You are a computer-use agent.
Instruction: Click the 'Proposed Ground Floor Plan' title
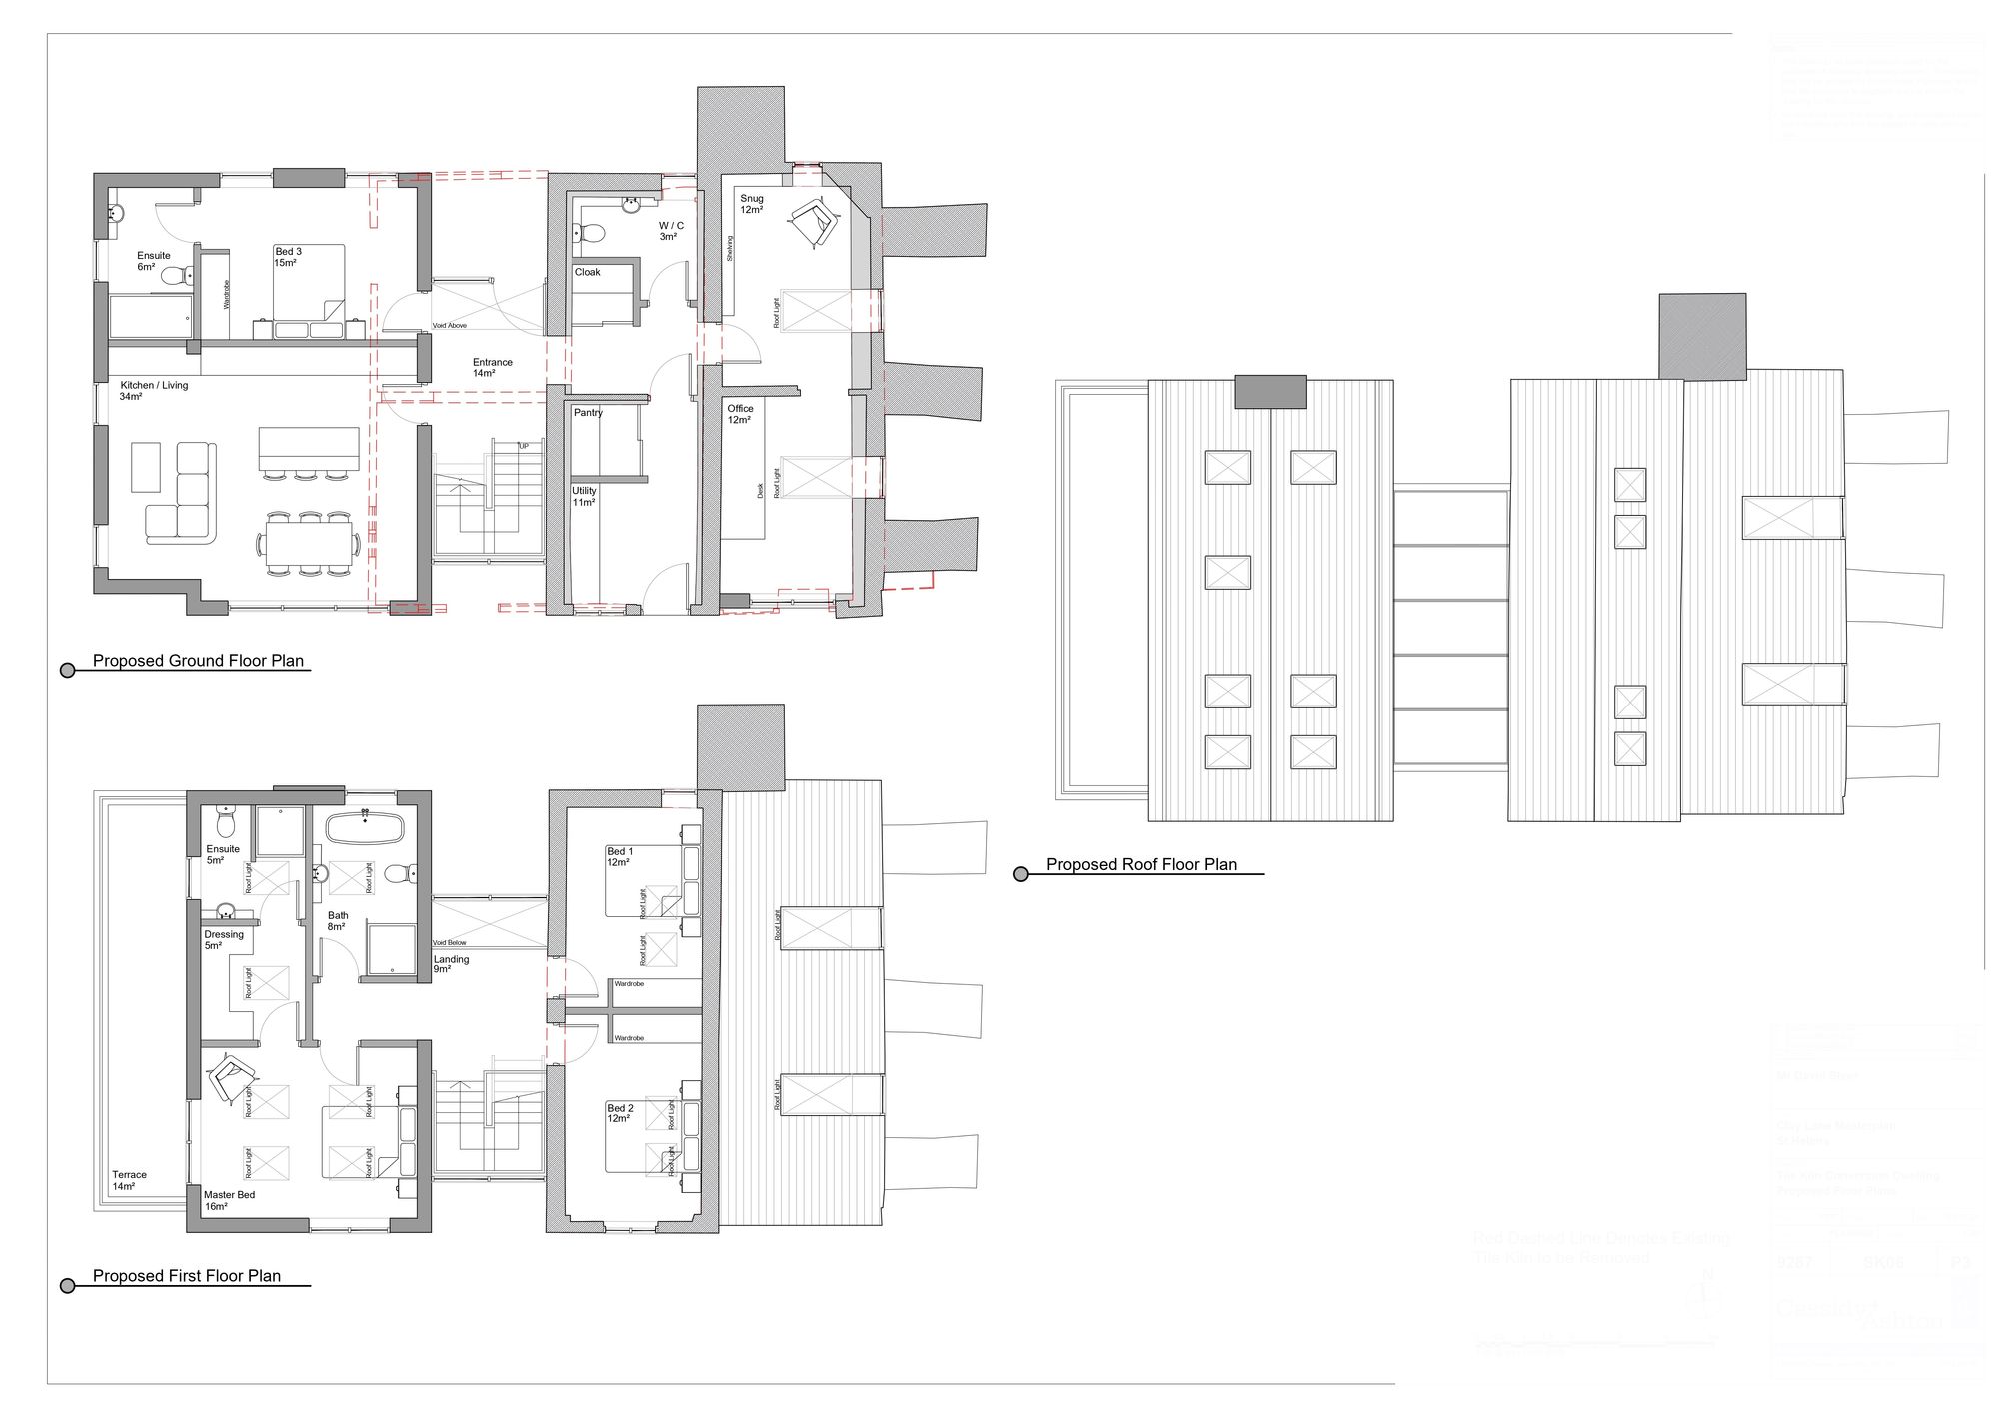(198, 661)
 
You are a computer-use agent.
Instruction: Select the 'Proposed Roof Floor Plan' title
(1141, 865)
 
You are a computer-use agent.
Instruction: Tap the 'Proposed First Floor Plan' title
(187, 1276)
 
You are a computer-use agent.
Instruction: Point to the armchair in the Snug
(814, 222)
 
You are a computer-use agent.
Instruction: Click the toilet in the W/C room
(590, 234)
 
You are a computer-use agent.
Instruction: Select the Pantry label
(588, 413)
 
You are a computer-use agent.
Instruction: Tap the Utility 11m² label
(584, 496)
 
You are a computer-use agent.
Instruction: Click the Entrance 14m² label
(492, 368)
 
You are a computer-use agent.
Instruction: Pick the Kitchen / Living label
(153, 390)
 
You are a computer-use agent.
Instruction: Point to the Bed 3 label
(287, 257)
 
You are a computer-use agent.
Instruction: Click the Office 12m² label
(740, 414)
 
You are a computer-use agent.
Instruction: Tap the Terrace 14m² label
(129, 1180)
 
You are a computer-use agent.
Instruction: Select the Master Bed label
(229, 1200)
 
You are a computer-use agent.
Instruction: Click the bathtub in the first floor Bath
(365, 828)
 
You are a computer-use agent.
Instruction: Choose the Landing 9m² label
(451, 964)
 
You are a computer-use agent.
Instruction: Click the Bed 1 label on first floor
(619, 856)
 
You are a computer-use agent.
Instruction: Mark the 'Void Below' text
(449, 943)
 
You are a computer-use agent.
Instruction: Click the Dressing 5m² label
(223, 939)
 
